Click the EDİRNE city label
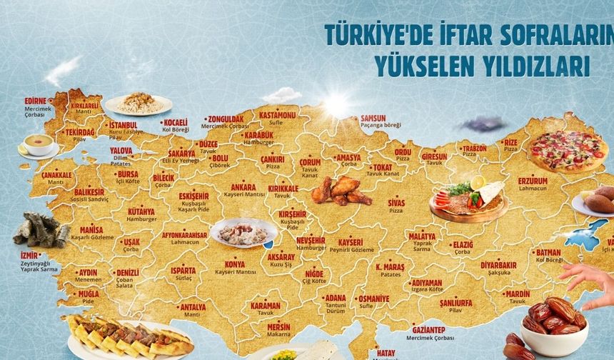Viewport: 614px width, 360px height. pyautogui.click(x=35, y=101)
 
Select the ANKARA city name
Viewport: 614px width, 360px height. pyautogui.click(x=243, y=187)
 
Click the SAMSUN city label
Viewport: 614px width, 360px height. pyautogui.click(x=373, y=118)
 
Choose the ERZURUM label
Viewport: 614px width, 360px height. pyautogui.click(x=533, y=181)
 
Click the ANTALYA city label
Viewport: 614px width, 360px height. pyautogui.click(x=193, y=307)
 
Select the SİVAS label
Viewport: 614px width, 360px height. pyautogui.click(x=396, y=203)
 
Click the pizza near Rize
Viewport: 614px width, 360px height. pyautogui.click(x=568, y=149)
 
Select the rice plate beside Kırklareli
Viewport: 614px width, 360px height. pyautogui.click(x=139, y=104)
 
